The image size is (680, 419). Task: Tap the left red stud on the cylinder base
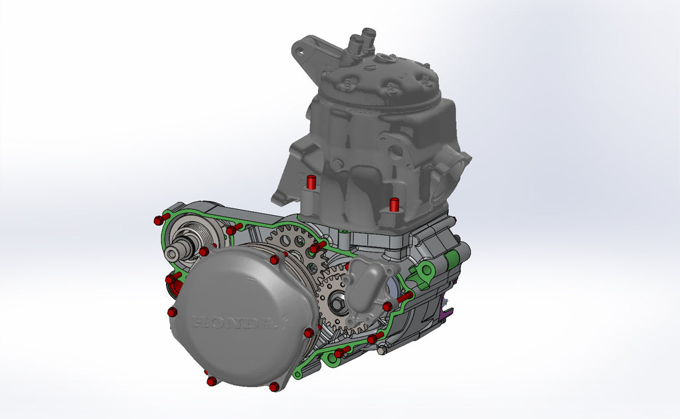click(309, 182)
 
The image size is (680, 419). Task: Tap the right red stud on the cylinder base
click(394, 204)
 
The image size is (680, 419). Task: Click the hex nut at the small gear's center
click(337, 304)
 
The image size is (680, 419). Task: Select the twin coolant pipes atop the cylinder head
click(359, 41)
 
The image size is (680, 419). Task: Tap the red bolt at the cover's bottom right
click(274, 386)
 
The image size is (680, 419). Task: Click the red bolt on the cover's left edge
click(173, 311)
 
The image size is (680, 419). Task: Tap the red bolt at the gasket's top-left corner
click(158, 220)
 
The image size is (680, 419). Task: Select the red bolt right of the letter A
click(308, 332)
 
